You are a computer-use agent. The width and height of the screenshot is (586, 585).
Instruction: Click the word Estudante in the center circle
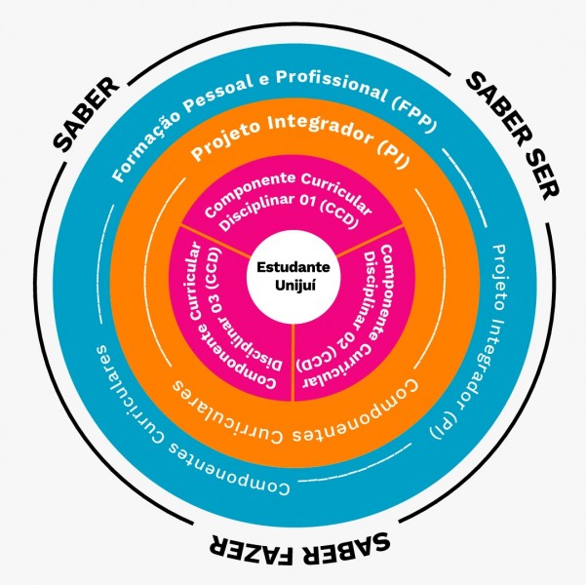tap(293, 266)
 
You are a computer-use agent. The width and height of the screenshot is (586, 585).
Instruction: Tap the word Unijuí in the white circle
tap(293, 284)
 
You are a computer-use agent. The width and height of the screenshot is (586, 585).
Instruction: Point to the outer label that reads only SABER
tap(85, 115)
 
